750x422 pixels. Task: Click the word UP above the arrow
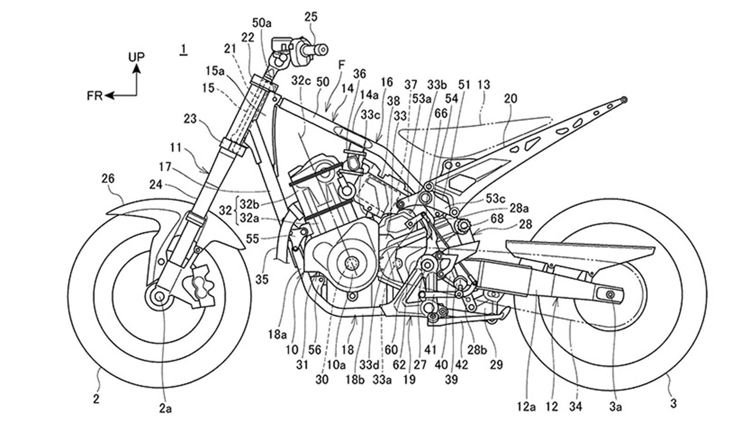pos(136,57)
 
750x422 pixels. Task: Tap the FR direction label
pos(95,96)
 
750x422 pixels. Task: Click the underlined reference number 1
pos(184,49)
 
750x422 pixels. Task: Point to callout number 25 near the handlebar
pos(310,17)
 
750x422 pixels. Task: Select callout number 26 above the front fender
pos(108,179)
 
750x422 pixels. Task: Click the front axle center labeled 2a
pos(158,296)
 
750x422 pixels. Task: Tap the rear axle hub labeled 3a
pos(610,294)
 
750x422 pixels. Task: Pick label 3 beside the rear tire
pos(673,402)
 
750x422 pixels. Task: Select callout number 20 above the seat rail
pos(511,99)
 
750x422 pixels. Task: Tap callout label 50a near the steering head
pos(262,23)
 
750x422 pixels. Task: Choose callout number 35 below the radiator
pos(262,279)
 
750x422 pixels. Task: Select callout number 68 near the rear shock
pos(497,219)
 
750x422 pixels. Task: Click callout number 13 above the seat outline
pos(484,85)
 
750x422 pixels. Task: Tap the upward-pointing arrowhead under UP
pos(136,68)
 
